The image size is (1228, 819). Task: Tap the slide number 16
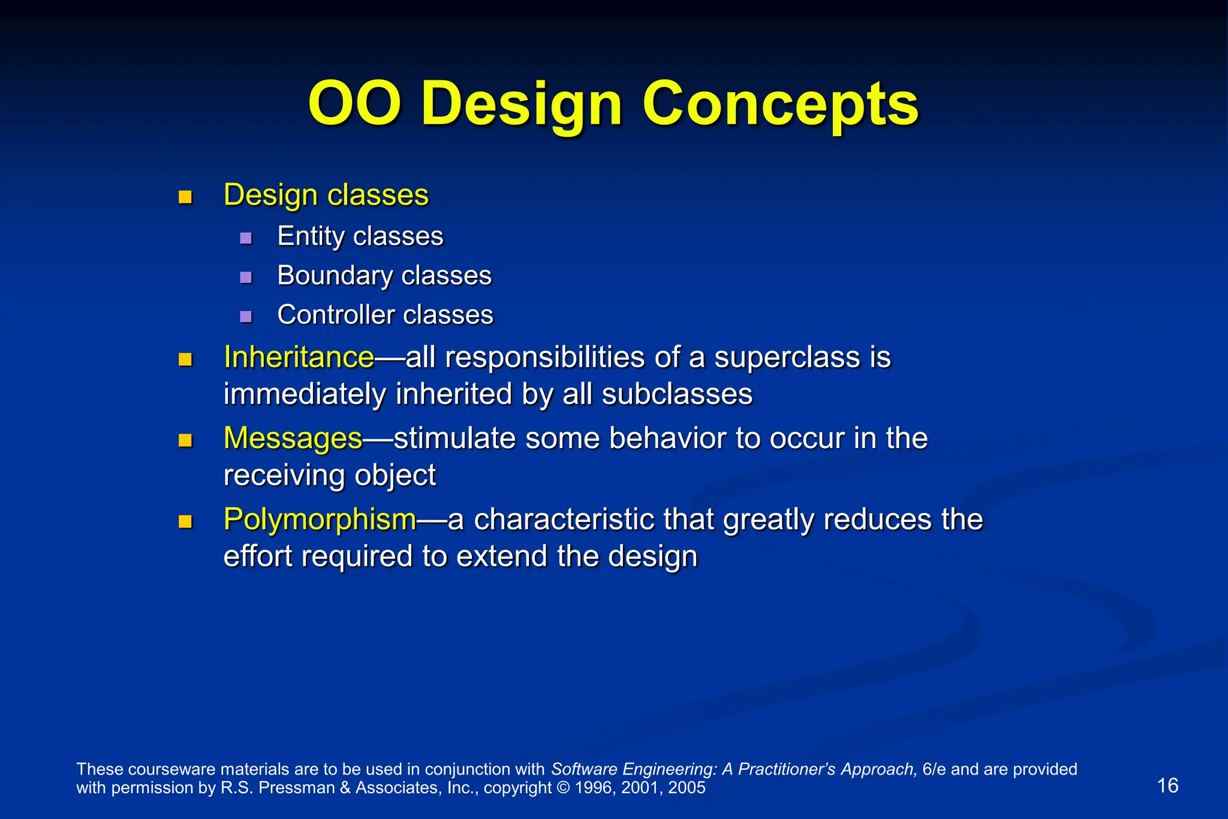pos(1167,785)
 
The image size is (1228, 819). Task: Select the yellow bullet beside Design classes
pos(185,197)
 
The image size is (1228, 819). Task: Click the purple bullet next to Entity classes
pos(246,238)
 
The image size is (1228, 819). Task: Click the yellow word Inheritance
pos(299,358)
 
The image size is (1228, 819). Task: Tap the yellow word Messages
pos(293,439)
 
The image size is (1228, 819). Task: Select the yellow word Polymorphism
pos(320,520)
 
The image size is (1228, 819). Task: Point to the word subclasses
pos(677,395)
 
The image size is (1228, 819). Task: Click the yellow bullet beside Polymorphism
pos(185,521)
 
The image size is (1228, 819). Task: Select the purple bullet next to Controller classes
pos(246,317)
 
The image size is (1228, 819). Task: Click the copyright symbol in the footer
pos(563,788)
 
